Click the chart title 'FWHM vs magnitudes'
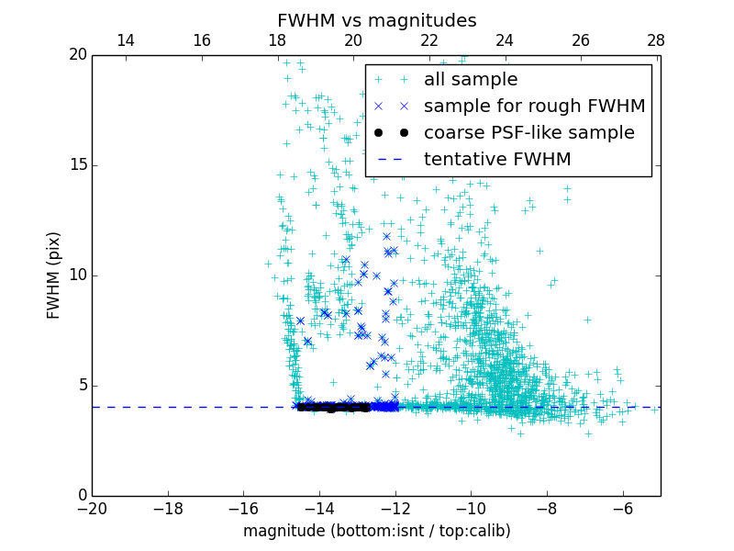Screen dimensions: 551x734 [376, 20]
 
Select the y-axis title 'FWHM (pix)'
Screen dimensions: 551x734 [54, 275]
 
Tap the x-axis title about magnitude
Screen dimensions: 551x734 [376, 531]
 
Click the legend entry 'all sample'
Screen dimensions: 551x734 [471, 80]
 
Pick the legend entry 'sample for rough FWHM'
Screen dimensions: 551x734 [534, 107]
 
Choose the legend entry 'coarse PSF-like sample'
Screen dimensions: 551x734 [528, 133]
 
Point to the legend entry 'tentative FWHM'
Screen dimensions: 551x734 [497, 160]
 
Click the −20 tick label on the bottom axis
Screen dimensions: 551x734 [92, 508]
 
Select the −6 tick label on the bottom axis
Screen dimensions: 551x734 [622, 508]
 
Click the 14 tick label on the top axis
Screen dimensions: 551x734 [126, 40]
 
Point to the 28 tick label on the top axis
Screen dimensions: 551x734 [656, 40]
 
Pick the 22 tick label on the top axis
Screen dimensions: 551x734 [428, 40]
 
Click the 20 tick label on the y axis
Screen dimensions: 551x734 [77, 55]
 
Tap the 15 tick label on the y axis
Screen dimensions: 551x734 [77, 165]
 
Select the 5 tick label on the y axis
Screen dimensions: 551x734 [81, 386]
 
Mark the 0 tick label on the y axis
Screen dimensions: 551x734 [81, 496]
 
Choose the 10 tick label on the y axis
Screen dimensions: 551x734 [77, 275]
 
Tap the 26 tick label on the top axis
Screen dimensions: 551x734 [580, 40]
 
